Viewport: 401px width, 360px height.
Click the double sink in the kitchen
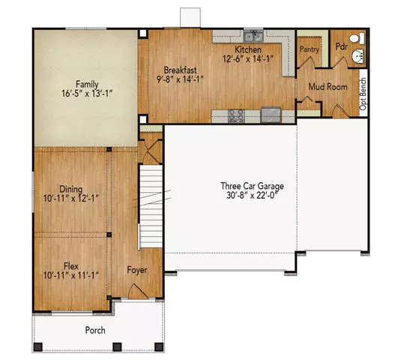coord(254,35)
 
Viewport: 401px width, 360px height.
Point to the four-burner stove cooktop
coord(238,115)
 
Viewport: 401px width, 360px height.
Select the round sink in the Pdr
coord(358,56)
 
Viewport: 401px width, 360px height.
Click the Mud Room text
coord(328,87)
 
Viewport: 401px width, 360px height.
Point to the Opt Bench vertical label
coord(364,93)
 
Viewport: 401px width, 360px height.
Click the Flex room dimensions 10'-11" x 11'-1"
coord(71,275)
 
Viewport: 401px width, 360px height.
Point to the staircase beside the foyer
coord(151,206)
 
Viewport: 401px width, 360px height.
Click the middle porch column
coord(116,346)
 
